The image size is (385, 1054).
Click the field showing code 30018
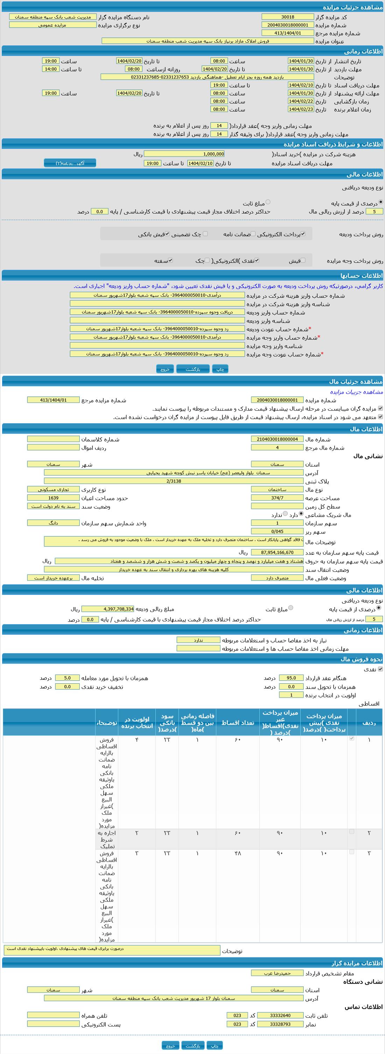point(287,17)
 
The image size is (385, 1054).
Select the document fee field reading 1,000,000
point(184,154)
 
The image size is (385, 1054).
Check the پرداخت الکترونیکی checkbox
point(303,234)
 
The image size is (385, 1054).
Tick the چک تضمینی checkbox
point(205,234)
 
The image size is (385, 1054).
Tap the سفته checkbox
point(170,260)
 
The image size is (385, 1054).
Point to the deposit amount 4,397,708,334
point(108,609)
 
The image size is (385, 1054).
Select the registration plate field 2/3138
point(174,481)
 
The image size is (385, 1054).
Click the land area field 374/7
point(277,498)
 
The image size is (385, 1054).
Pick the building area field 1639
point(53,498)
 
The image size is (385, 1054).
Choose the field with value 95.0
point(291,678)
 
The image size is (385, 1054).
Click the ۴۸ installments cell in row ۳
point(238,853)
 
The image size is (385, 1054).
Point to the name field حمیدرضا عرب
point(277,973)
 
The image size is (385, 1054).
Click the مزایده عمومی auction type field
point(52,25)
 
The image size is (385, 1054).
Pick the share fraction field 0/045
point(277,532)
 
